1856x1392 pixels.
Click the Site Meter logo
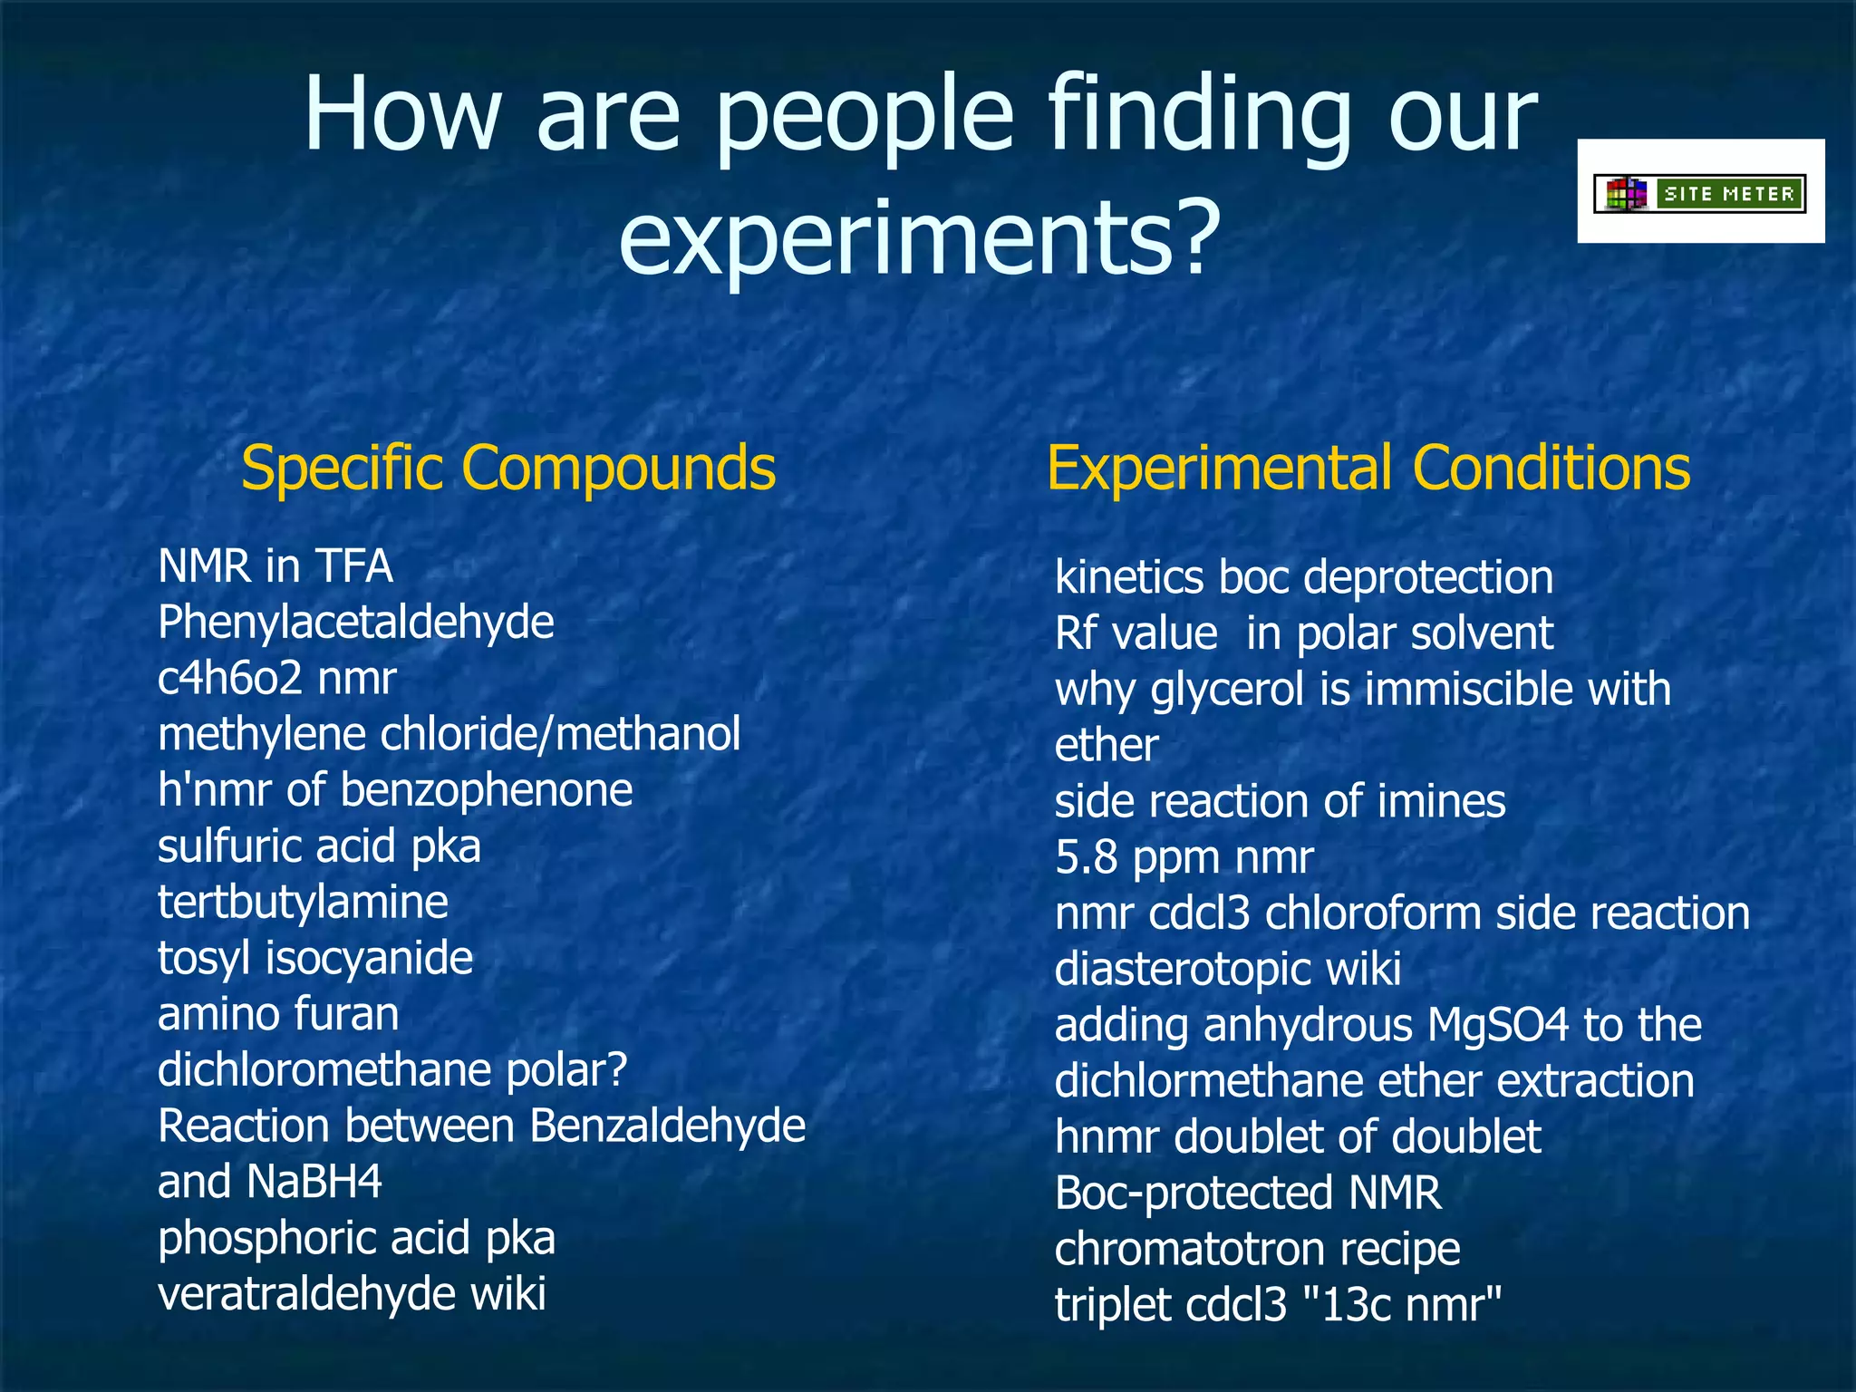[x=1700, y=193]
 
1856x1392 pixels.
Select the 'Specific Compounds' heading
[x=508, y=469]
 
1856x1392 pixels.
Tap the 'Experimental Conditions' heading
[x=1368, y=469]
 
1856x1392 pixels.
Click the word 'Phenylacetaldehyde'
[x=355, y=623]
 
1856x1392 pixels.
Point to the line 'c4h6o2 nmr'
[x=276, y=679]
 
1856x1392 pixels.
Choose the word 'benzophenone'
[x=486, y=790]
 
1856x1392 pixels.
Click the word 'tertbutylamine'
[x=303, y=903]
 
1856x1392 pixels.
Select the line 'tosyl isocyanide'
[x=314, y=958]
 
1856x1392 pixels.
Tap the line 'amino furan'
[x=278, y=1014]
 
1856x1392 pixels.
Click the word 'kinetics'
[x=1128, y=578]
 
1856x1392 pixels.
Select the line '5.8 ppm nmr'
[x=1184, y=857]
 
